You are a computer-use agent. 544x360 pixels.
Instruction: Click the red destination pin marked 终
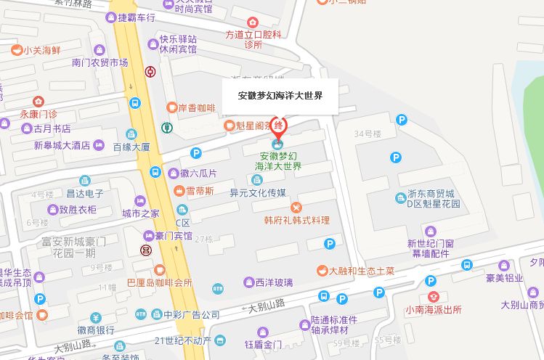point(279,126)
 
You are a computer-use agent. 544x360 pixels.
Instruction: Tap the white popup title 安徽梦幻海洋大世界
point(280,95)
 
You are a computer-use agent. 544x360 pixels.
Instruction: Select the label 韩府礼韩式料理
point(296,220)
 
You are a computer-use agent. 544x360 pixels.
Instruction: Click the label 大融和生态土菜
point(362,271)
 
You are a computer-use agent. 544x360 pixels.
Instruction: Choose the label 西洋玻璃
point(274,282)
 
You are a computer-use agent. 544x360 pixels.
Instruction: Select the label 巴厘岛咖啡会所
point(159,282)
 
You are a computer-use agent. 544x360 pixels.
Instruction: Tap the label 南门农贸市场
point(100,62)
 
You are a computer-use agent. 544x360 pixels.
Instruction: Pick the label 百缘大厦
point(131,147)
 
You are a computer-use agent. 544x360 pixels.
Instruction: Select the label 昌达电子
point(84,194)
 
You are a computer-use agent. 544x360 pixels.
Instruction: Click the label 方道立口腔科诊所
point(253,39)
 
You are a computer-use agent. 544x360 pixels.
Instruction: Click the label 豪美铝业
point(504,277)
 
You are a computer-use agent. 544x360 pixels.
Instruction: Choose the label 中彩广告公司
point(191,315)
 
